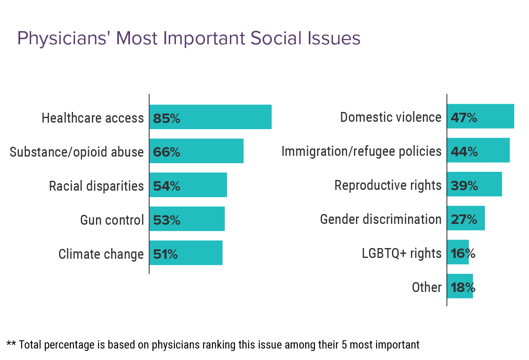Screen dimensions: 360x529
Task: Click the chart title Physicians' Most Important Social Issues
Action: [x=189, y=39]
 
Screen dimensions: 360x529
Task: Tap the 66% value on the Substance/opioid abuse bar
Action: [x=166, y=152]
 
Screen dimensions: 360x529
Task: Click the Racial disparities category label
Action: [x=96, y=186]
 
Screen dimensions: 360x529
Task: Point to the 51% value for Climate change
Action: [x=165, y=254]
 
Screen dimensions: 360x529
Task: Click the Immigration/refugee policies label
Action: [x=361, y=151]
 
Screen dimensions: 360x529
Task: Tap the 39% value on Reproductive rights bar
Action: [x=464, y=186]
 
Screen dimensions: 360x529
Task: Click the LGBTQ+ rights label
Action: [x=401, y=253]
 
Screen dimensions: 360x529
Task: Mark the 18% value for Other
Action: [x=463, y=287]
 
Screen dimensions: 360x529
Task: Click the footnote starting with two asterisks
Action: [x=213, y=345]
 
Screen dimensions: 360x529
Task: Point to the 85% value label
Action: [x=166, y=118]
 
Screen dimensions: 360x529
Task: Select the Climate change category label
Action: [x=101, y=254]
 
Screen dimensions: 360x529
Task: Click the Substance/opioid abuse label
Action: [x=77, y=152]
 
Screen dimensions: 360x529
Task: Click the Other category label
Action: [x=426, y=287]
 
